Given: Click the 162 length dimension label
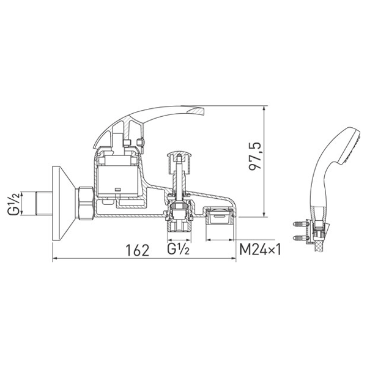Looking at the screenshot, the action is coord(138,250).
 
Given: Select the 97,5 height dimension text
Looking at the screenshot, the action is coord(255,156).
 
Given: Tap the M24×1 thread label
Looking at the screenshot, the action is coord(260,250).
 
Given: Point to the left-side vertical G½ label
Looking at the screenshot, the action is coord(13,203).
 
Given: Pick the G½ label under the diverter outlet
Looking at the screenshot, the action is coord(178,249).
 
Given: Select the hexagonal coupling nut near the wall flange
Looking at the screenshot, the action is coord(86,203).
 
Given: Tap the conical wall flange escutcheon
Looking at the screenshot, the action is coord(64,203).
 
